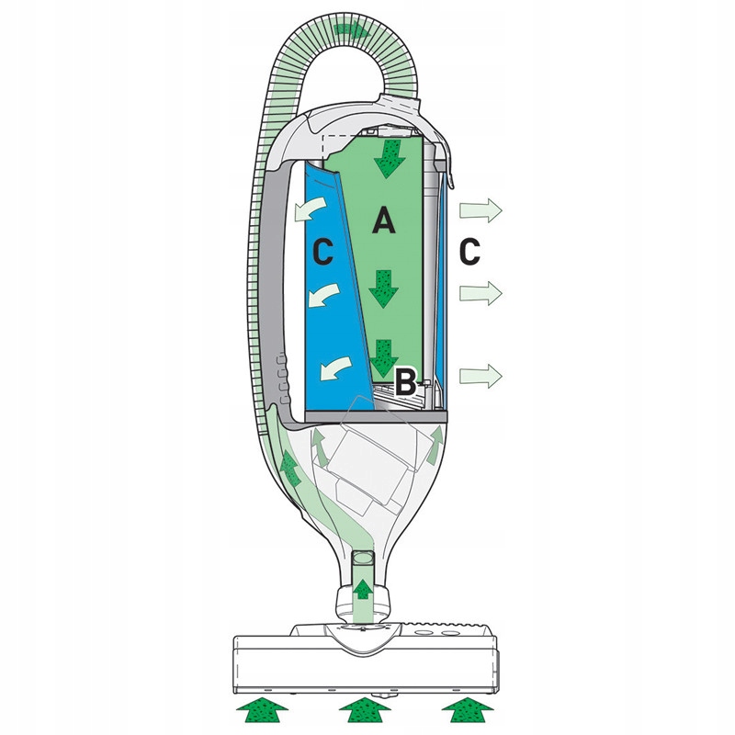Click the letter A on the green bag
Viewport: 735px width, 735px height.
383,221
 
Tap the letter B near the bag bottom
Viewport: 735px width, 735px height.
405,382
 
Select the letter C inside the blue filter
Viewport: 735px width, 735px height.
323,251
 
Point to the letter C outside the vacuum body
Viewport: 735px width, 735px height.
470,251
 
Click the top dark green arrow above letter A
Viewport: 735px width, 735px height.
386,158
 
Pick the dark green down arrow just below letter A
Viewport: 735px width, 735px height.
383,288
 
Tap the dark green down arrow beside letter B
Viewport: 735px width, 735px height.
382,358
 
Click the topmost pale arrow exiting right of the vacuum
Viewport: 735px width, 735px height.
481,210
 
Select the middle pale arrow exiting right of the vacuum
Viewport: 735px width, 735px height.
481,293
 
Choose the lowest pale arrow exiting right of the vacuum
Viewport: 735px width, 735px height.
481,376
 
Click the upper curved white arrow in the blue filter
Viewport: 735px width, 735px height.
310,209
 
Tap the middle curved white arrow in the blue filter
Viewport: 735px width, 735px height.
323,295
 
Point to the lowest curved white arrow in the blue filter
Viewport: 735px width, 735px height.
335,369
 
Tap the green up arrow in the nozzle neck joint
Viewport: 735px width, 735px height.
362,588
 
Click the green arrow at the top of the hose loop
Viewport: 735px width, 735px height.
352,30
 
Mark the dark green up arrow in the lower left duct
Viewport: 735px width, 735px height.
290,467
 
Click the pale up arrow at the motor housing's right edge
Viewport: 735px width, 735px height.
435,445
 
